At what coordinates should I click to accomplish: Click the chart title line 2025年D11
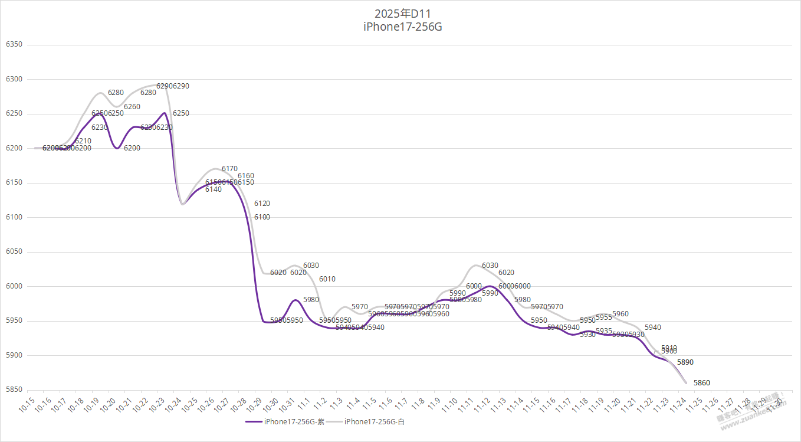[400, 13]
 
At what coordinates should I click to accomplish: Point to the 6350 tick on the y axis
[14, 45]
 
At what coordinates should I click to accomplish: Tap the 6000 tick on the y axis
[14, 287]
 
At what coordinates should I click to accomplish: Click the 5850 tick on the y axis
[14, 390]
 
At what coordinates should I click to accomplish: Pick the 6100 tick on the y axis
[14, 218]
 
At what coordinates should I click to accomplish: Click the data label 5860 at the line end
[701, 383]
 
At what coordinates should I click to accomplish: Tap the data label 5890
[685, 362]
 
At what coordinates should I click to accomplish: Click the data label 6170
[229, 169]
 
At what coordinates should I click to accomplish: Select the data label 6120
[262, 204]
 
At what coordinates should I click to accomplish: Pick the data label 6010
[327, 279]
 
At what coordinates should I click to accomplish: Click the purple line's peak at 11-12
[490, 286]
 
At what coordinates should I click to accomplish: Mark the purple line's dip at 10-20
[117, 148]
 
